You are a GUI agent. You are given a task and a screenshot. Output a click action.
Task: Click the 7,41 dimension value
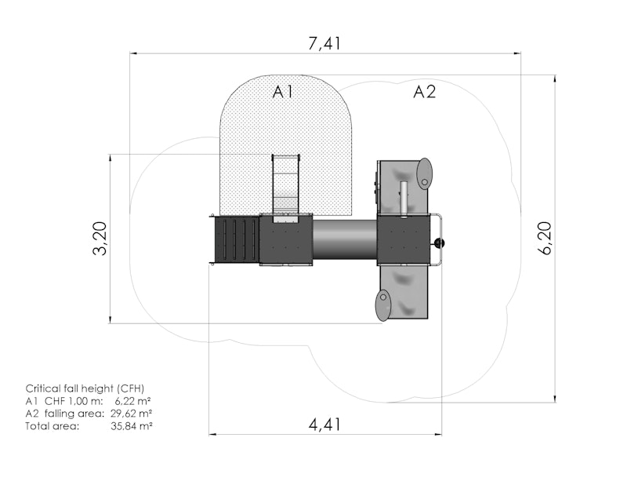coord(324,43)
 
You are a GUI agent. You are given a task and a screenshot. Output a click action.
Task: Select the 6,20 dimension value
coord(545,238)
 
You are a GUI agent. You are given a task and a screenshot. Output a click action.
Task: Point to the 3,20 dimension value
coord(100,239)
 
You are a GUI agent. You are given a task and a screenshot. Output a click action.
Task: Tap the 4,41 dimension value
coord(324,425)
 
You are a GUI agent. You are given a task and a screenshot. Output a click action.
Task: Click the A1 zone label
coord(283,92)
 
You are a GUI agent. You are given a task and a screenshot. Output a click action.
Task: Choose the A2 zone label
coord(424,92)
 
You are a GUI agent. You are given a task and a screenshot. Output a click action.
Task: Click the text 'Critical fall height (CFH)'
coord(85,388)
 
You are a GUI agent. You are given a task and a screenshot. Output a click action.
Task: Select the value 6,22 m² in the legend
coord(132,400)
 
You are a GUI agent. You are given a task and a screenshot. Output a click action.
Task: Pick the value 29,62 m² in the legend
coord(131,413)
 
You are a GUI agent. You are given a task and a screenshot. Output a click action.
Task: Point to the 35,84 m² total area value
coord(131,425)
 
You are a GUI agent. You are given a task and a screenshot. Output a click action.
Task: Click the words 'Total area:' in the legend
coord(53,425)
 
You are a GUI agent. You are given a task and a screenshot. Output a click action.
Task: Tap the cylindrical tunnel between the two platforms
coord(345,240)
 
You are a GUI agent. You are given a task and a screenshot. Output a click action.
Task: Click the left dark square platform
coord(285,239)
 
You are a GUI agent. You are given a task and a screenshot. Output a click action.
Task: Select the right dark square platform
coord(404,240)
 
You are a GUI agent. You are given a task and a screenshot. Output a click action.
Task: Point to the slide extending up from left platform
coord(286,187)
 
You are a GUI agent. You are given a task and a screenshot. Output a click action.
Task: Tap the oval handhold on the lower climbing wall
coord(382,305)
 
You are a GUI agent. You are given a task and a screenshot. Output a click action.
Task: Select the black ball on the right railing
coord(439,243)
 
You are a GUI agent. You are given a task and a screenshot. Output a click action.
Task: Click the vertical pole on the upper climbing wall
coord(404,199)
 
